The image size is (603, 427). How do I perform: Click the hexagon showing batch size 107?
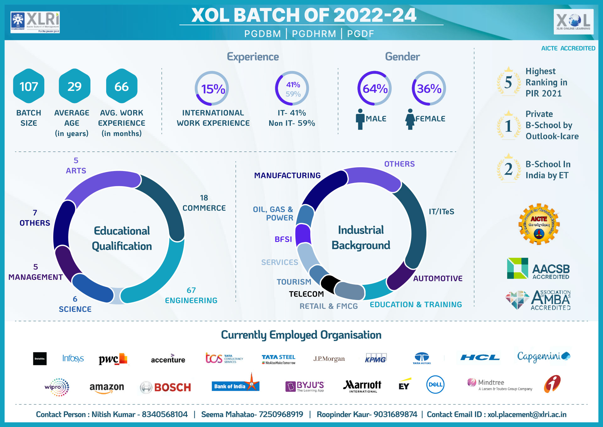pos(29,86)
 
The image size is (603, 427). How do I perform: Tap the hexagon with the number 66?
pos(122,86)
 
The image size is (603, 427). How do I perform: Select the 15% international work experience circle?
pos(212,88)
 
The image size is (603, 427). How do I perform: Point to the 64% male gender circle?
pos(374,88)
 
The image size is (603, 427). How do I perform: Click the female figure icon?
pos(410,119)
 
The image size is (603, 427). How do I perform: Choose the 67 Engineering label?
pos(191,296)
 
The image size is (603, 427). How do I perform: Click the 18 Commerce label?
pos(204,203)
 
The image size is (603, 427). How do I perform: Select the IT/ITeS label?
pos(441,212)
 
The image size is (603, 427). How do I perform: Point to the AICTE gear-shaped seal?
pos(539,224)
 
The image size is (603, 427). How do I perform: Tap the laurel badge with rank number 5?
pos(508,82)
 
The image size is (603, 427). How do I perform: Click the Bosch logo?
pos(166,387)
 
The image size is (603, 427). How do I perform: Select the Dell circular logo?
pos(435,385)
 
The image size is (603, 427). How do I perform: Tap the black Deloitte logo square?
pos(40,358)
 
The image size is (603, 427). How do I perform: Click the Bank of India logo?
pos(236,385)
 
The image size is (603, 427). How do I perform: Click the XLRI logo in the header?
pos(35,22)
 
